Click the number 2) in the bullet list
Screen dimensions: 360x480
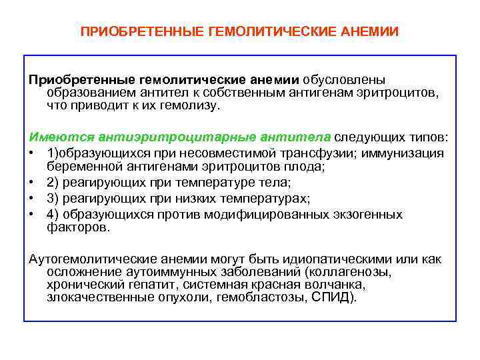(55, 183)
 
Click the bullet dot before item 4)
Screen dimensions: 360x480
(32, 215)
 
